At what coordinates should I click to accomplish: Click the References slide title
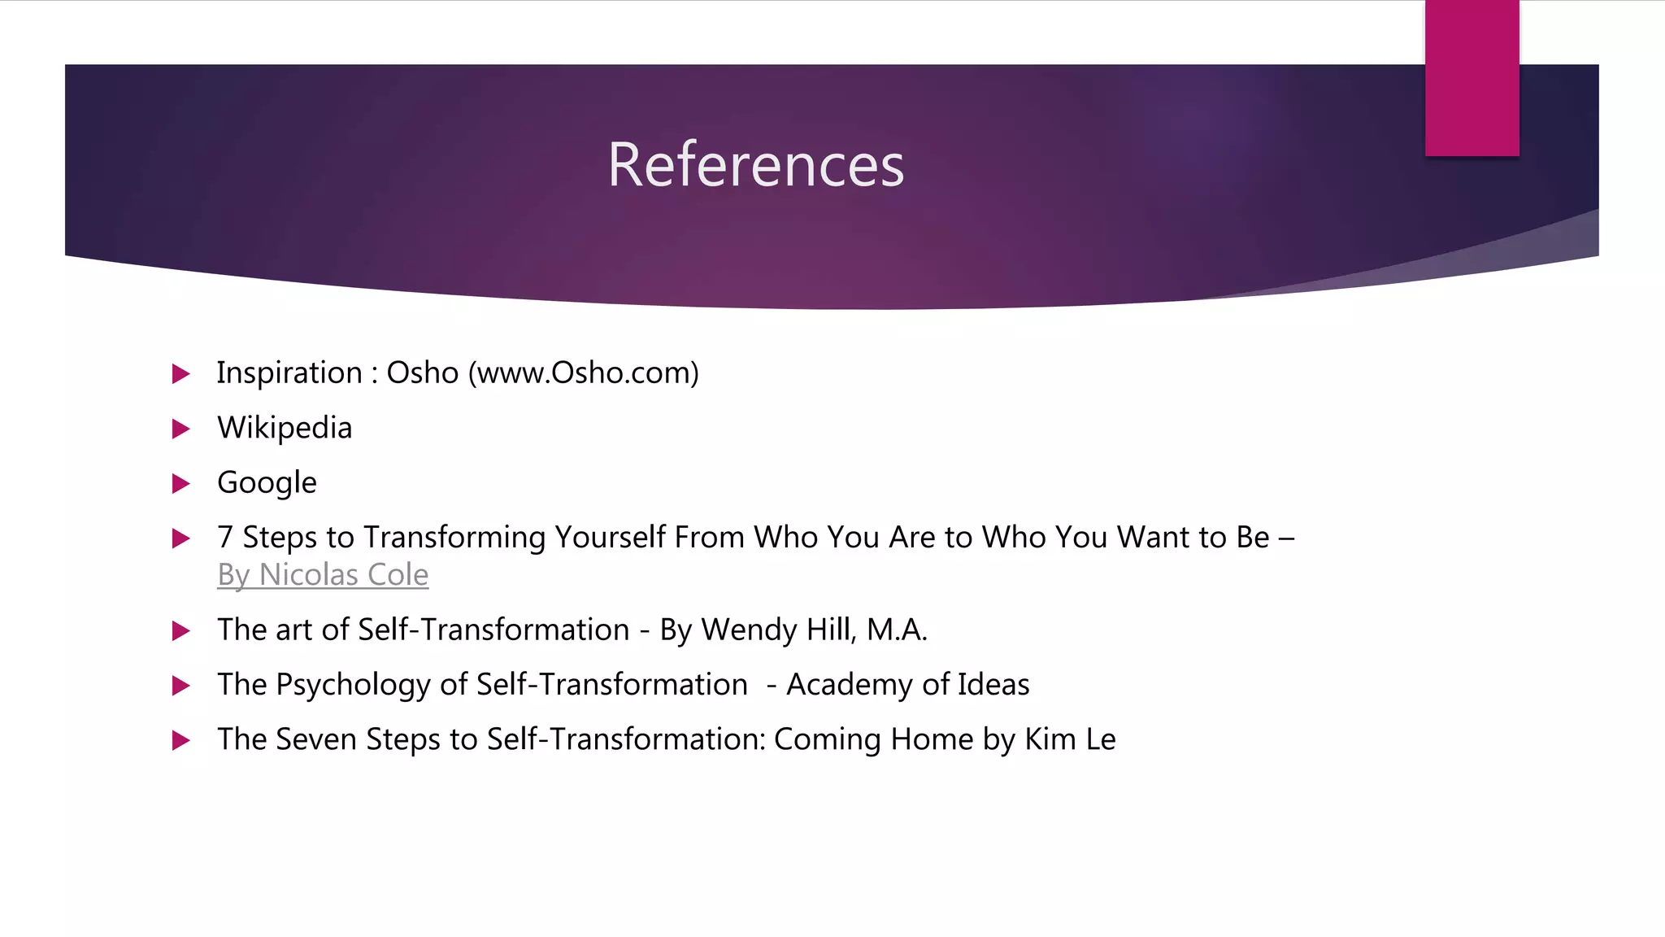point(755,165)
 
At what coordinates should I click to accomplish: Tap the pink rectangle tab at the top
point(1472,78)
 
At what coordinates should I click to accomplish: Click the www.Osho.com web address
point(584,373)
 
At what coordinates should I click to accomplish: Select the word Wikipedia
point(285,428)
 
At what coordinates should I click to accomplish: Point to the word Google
point(267,483)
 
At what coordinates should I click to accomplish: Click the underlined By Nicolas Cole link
point(323,575)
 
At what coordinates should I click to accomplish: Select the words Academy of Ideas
point(907,685)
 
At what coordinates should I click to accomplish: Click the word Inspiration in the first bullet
point(289,373)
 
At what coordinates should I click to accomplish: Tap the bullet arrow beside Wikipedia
point(181,429)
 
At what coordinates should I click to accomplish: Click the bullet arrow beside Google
point(181,484)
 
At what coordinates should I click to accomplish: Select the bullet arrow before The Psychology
point(181,686)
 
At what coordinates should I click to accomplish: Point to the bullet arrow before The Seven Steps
point(181,740)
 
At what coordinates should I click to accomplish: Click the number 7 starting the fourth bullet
point(225,538)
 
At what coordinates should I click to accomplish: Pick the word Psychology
point(353,685)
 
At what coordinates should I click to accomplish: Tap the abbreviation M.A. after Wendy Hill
point(897,630)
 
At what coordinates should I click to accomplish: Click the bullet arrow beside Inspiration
point(181,374)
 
